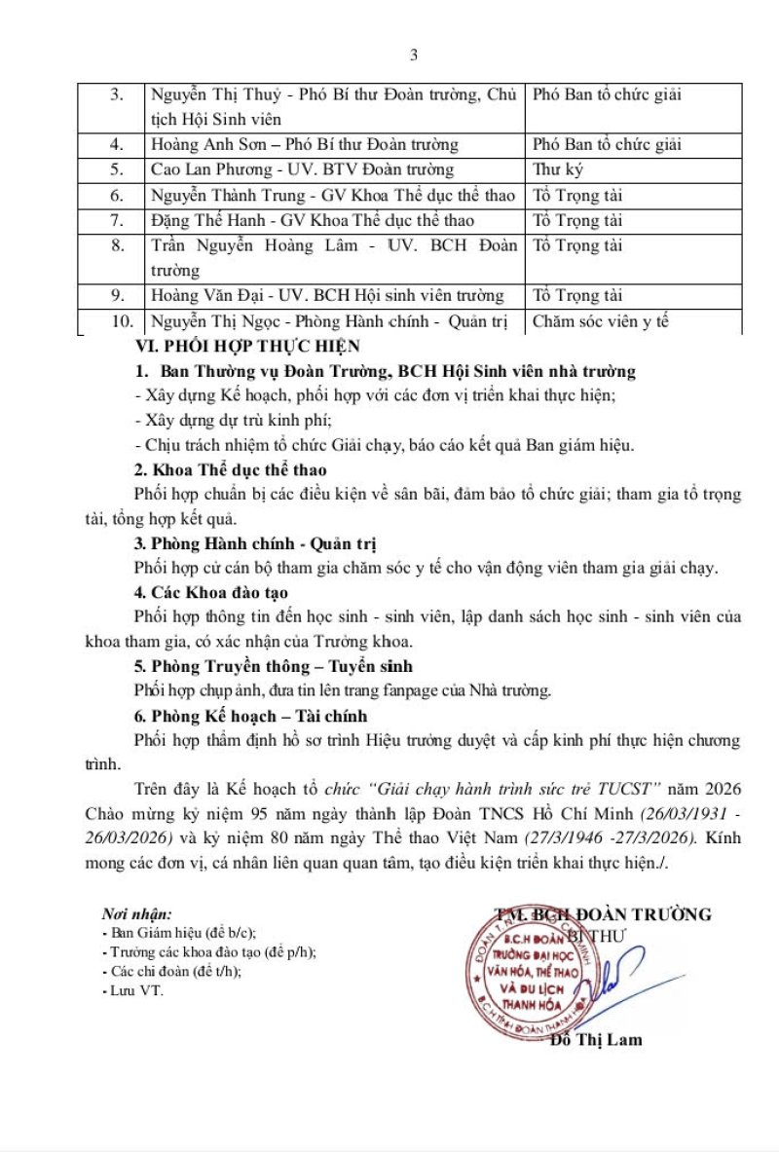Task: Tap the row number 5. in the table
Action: [x=117, y=170]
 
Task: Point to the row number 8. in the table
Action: [x=117, y=245]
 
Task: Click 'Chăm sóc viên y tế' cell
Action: [x=601, y=321]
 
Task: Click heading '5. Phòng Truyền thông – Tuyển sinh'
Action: [x=273, y=666]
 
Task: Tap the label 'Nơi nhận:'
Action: [x=136, y=914]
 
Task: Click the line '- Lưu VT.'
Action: [x=132, y=990]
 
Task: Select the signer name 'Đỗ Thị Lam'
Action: [x=596, y=1040]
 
